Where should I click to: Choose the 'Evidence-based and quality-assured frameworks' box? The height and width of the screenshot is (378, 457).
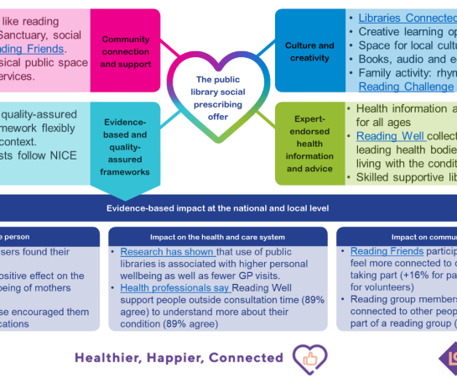coord(125,141)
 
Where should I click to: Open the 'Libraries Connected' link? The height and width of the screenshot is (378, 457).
coord(407,18)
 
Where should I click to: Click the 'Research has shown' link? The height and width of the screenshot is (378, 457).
coord(168,251)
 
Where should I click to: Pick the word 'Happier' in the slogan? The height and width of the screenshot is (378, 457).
coord(177,357)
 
